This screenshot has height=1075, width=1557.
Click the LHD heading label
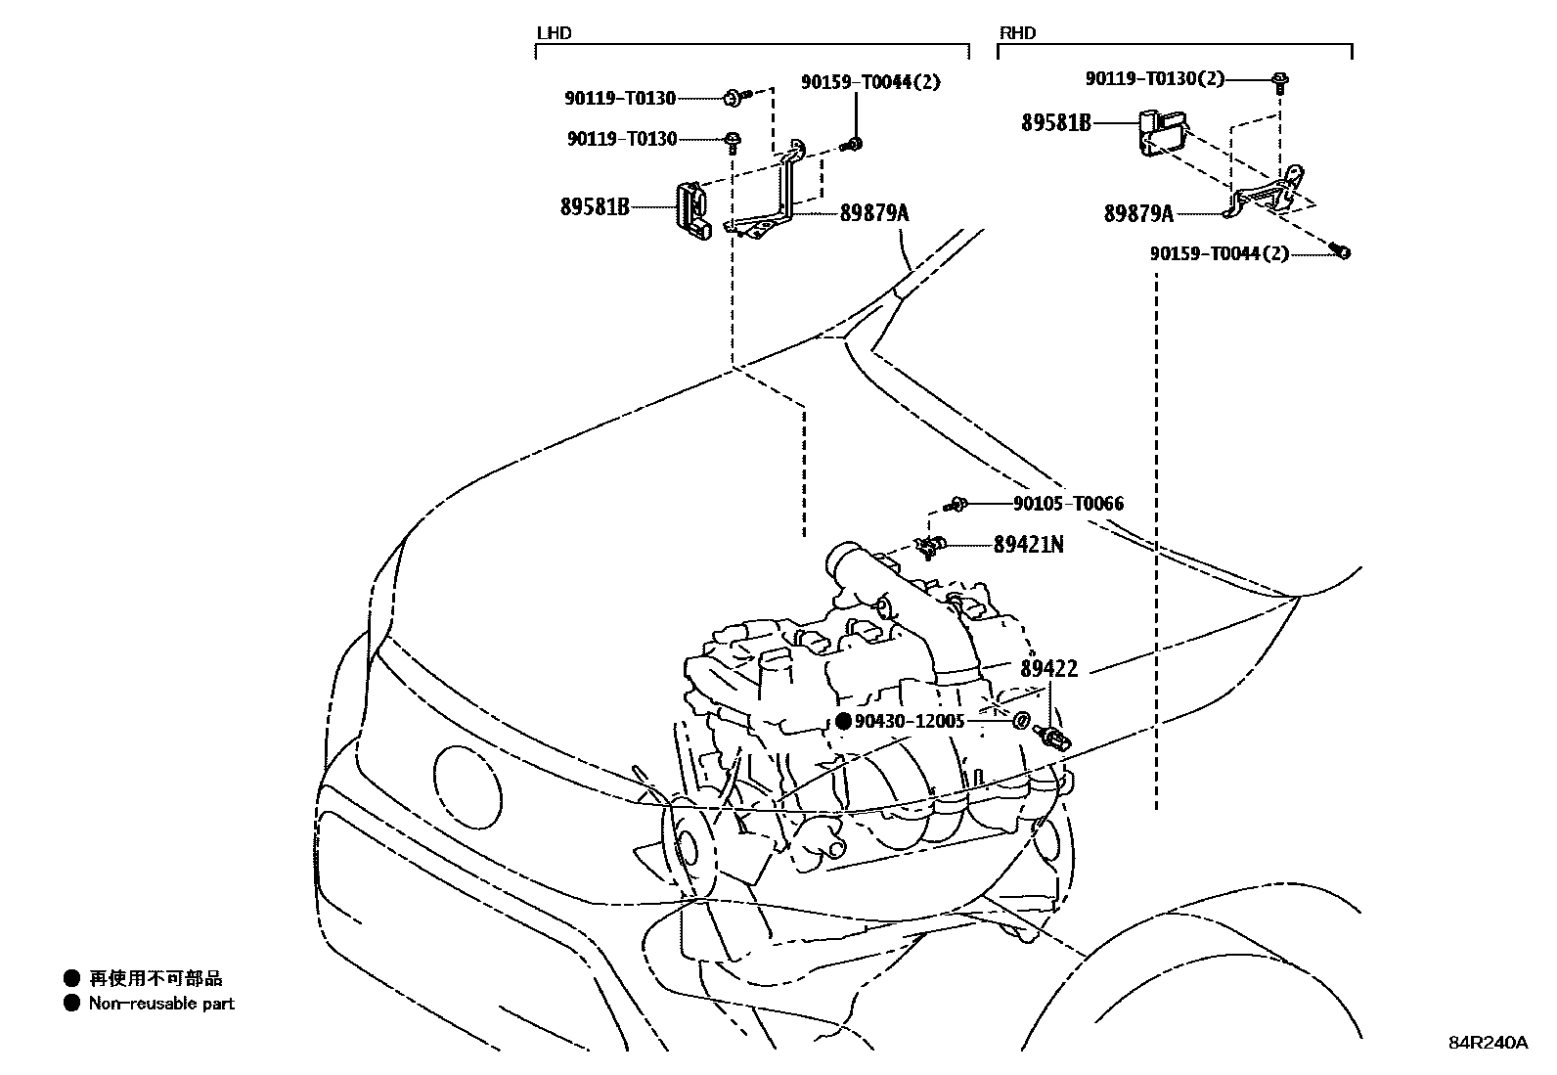(x=554, y=33)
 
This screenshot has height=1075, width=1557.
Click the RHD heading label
(x=1017, y=33)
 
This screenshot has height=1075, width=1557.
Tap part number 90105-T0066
(x=1068, y=504)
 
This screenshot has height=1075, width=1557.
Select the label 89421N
(x=1028, y=545)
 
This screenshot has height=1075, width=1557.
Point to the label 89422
(x=1048, y=669)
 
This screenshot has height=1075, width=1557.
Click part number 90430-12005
(x=910, y=722)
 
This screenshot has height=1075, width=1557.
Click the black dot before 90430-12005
(x=844, y=722)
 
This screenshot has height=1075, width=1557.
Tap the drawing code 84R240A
(x=1488, y=1043)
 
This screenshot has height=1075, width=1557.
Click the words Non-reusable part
(x=161, y=1004)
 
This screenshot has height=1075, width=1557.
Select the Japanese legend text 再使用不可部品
(x=156, y=978)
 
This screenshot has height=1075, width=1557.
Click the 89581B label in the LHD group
(x=595, y=207)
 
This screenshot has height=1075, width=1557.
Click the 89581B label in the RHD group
(x=1056, y=123)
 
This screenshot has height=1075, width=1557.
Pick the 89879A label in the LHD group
(x=874, y=212)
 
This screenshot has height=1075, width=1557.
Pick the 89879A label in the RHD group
(x=1138, y=213)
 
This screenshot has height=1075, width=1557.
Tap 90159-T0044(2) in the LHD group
(x=870, y=82)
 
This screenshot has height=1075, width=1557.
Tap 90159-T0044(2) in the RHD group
(x=1219, y=254)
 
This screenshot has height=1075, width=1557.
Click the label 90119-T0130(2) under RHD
(x=1154, y=78)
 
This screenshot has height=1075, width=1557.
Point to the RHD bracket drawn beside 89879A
(x=1268, y=197)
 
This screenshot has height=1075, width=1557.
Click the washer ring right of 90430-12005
(x=1020, y=722)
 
